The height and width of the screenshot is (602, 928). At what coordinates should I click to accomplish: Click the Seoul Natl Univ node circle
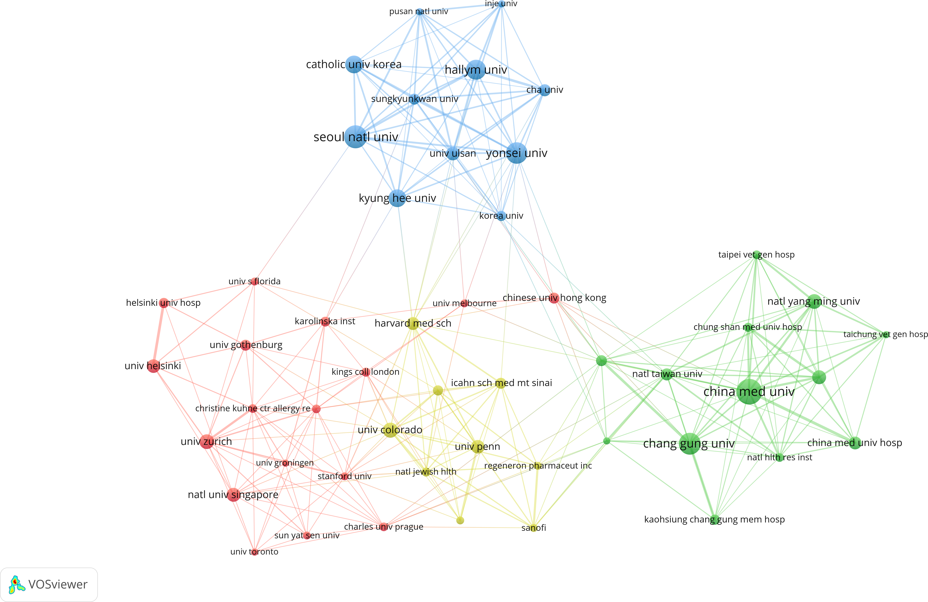pyautogui.click(x=355, y=137)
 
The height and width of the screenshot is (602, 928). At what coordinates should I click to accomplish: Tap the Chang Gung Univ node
pyautogui.click(x=690, y=444)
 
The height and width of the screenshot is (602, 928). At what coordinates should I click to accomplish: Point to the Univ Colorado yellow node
pyautogui.click(x=390, y=430)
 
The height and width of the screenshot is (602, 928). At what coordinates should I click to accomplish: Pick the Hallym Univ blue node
pyautogui.click(x=476, y=70)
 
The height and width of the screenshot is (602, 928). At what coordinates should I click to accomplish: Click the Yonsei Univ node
pyautogui.click(x=517, y=153)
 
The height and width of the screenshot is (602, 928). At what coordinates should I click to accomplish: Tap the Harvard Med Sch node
pyautogui.click(x=413, y=324)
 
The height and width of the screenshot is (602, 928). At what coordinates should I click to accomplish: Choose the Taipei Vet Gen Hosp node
pyautogui.click(x=756, y=255)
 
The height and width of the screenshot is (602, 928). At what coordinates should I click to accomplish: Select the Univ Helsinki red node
pyautogui.click(x=153, y=366)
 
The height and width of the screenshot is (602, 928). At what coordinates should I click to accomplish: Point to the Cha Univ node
pyautogui.click(x=545, y=90)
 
